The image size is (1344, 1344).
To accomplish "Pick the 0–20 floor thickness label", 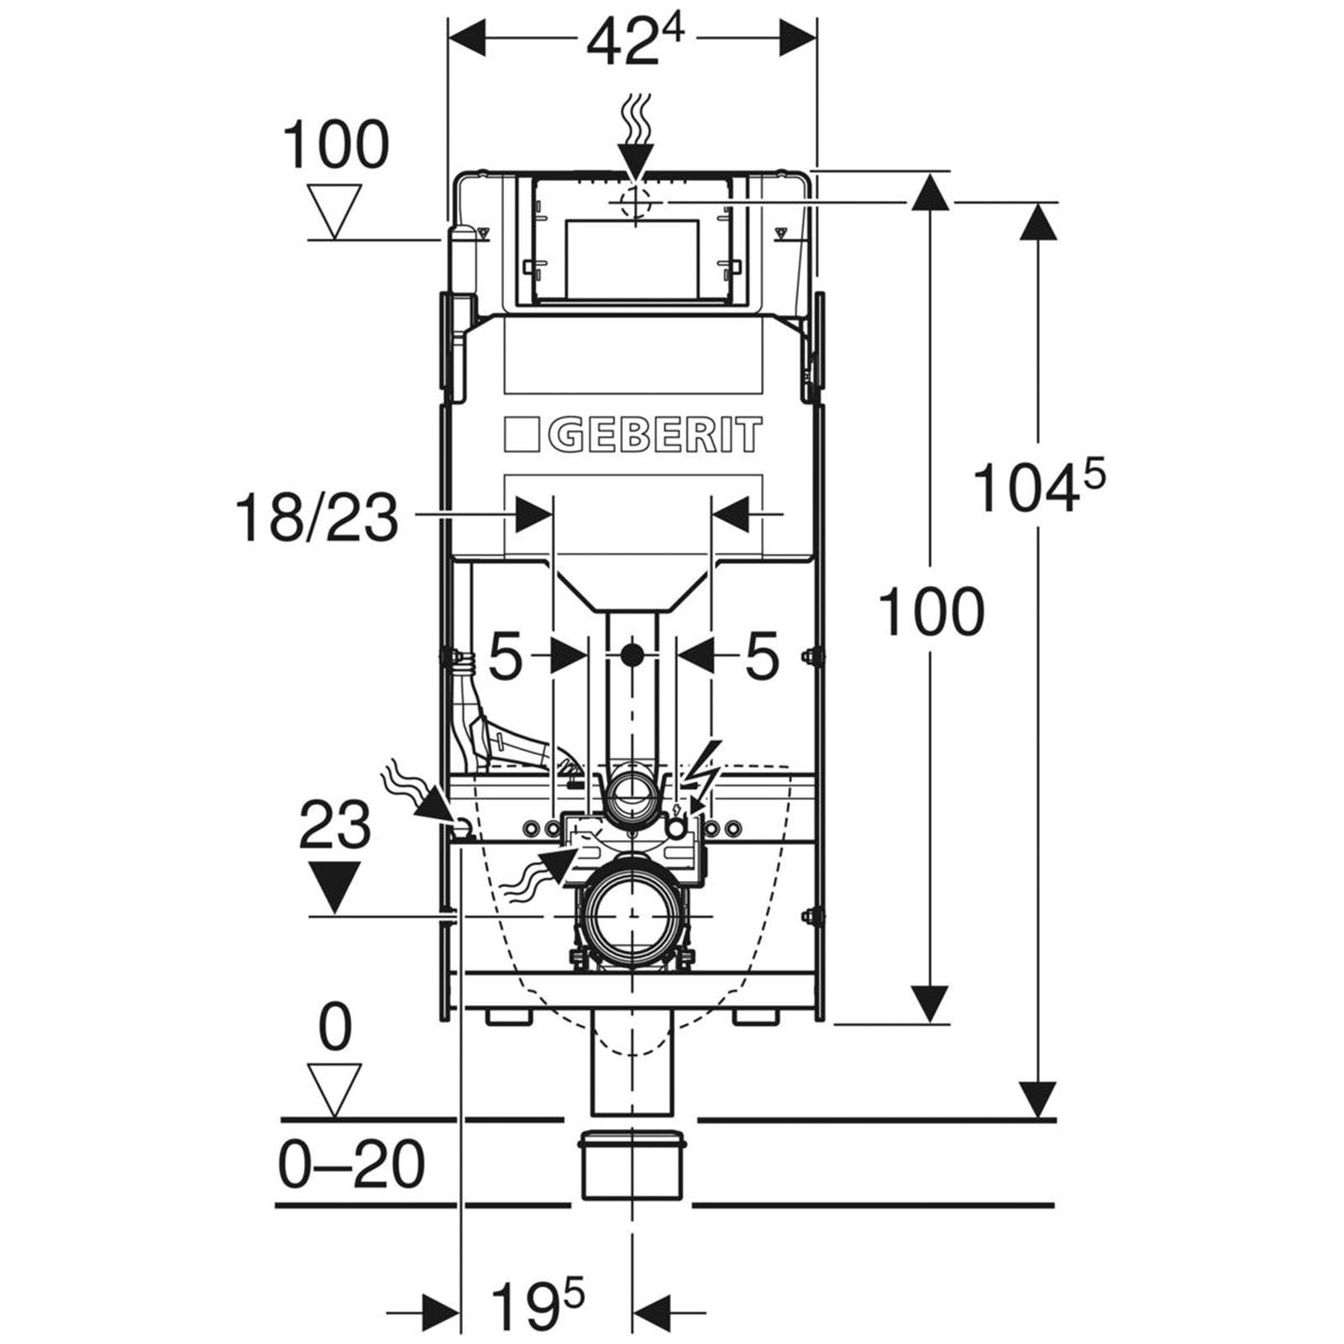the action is click(352, 1166).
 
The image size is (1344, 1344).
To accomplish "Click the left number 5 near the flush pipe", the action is click(505, 656).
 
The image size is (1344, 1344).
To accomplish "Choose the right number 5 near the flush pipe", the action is click(762, 656).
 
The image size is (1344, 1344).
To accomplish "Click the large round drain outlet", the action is click(632, 915).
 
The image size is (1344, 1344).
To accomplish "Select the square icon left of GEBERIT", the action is click(522, 435).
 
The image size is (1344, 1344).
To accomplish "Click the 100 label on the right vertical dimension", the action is click(931, 612).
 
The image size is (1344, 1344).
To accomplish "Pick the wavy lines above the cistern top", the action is click(636, 119).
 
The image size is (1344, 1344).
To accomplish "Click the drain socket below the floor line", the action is click(632, 1166).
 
